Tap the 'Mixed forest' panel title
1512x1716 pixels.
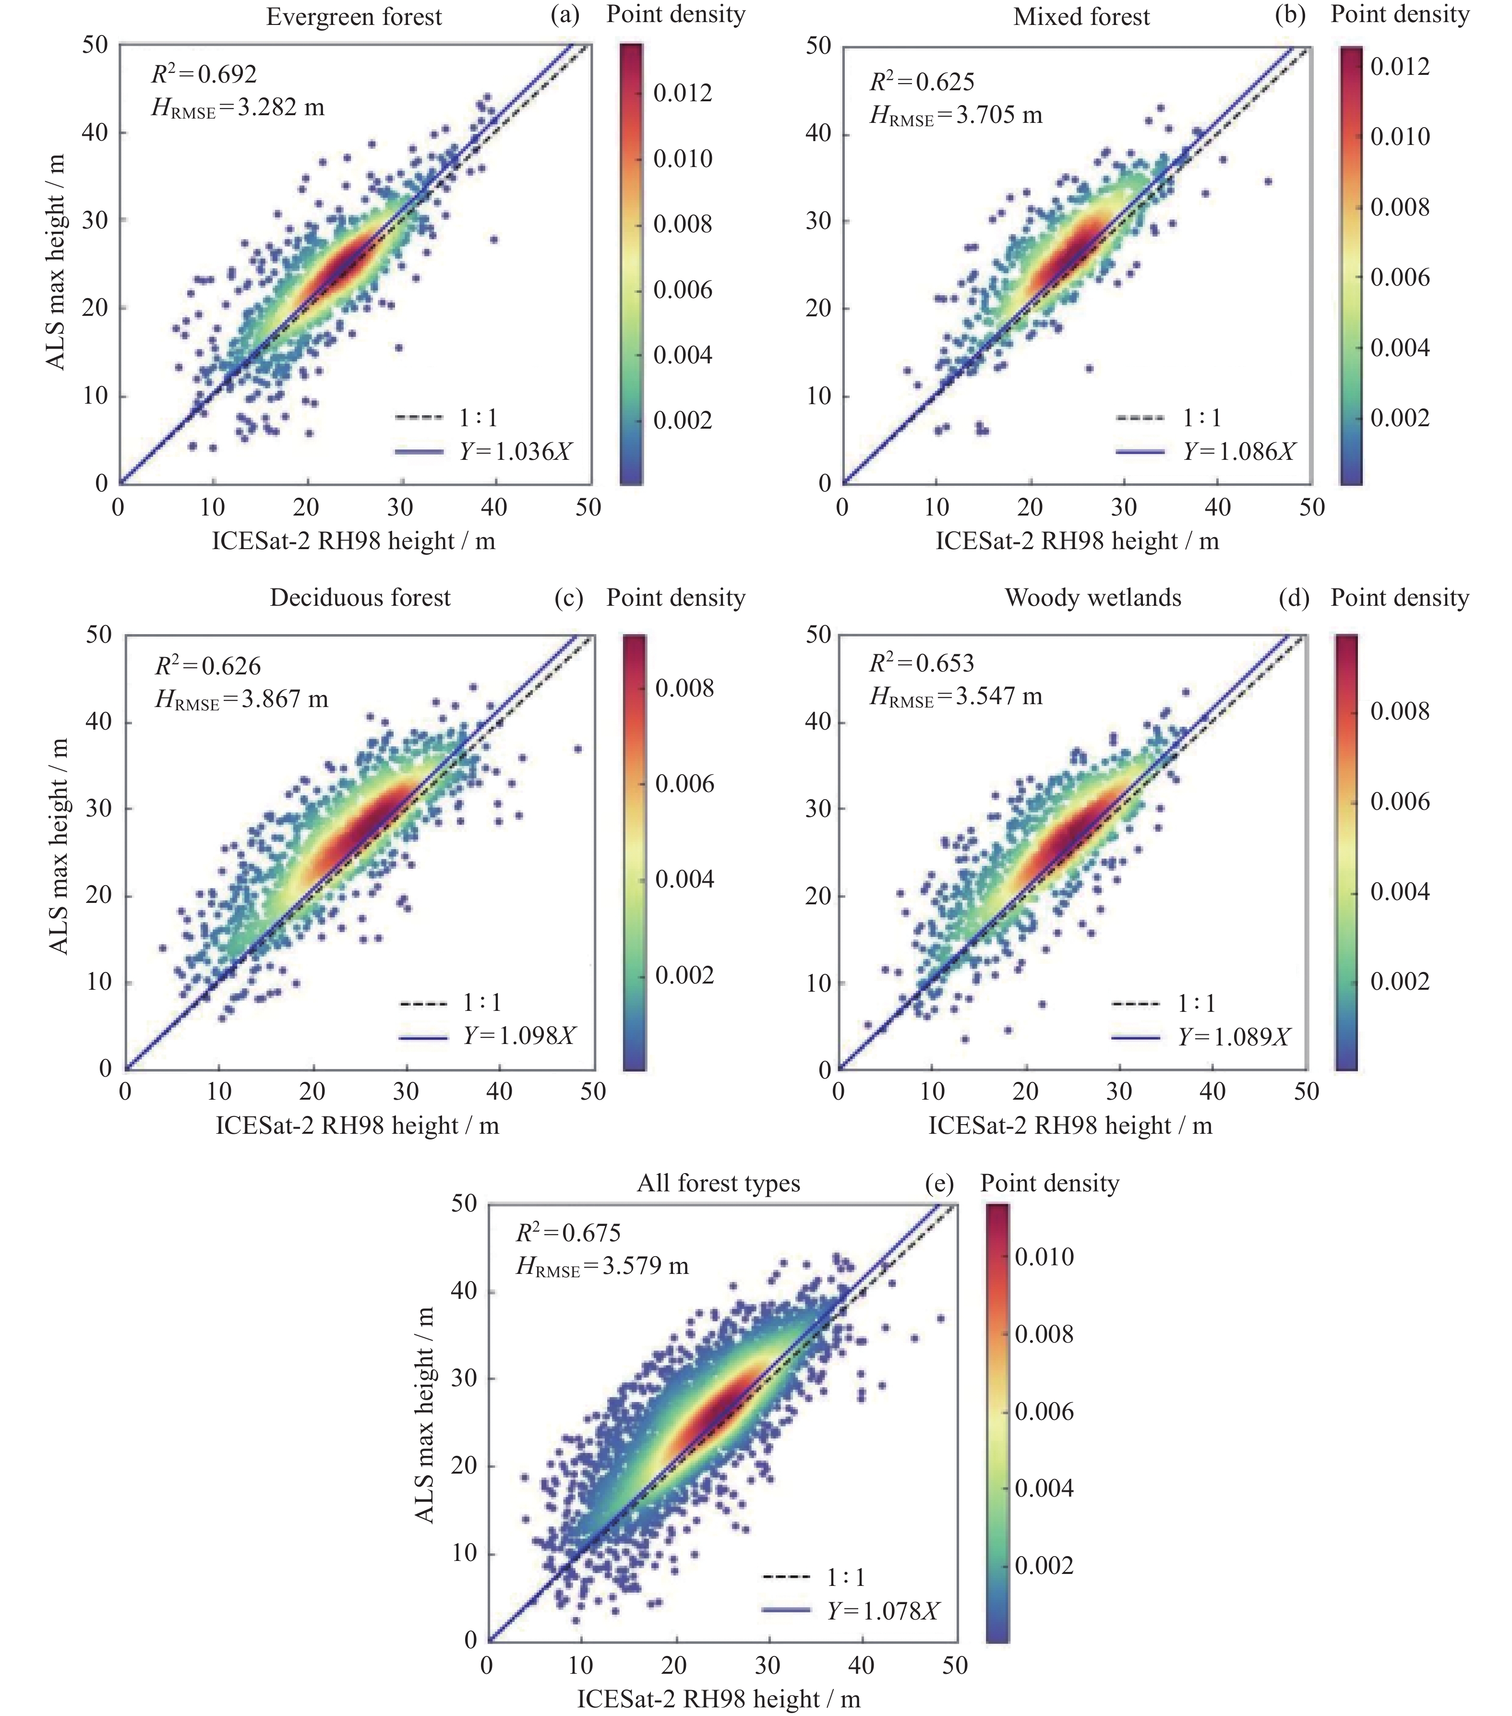point(1081,17)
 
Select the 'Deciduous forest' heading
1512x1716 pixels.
point(360,598)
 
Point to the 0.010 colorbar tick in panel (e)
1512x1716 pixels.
point(1044,1256)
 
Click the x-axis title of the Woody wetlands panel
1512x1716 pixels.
point(1069,1125)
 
